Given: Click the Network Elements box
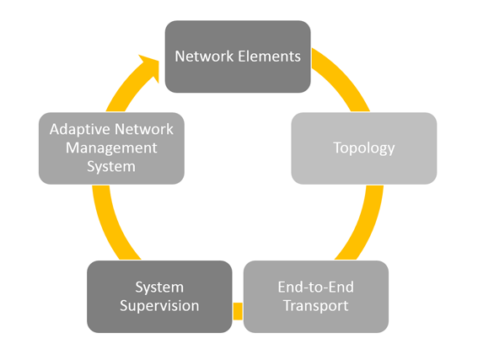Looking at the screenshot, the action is pos(238,56).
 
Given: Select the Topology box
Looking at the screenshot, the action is pos(364,148).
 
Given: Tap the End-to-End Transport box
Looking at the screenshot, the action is pos(316,297).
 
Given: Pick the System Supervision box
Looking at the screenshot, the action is pos(159,297).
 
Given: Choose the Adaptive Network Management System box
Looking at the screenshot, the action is pos(111,148).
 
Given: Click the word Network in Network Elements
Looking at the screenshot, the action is pos(204,56).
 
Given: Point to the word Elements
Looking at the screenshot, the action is pos(269,56).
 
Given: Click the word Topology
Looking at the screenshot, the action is pos(364,148).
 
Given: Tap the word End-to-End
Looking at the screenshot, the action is pos(316,287).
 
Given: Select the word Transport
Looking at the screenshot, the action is pos(316,306).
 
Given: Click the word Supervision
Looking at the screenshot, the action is pos(159,306).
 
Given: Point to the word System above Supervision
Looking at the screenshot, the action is pos(159,287).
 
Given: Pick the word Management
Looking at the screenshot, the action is pos(111,148).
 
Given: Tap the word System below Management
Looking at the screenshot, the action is pos(111,167).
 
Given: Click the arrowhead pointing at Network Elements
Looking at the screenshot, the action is pos(149,67).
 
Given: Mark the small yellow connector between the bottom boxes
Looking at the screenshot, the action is pos(238,311).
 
